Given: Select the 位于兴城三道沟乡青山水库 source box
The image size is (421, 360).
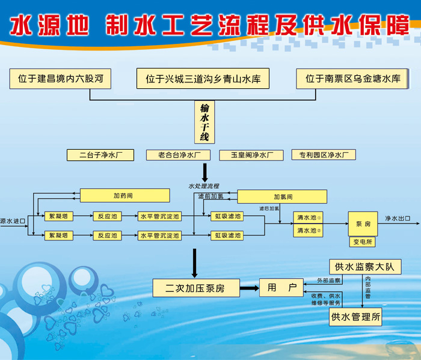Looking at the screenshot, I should [207, 79].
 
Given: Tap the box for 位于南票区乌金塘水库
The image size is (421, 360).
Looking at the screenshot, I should [352, 79].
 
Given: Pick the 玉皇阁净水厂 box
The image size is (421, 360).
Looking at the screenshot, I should [251, 155].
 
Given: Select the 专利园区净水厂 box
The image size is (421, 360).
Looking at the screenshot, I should [324, 155].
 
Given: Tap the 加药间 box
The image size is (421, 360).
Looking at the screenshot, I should [123, 195].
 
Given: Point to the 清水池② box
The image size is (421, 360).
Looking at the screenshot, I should [309, 230].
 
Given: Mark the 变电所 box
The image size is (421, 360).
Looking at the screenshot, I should [362, 242].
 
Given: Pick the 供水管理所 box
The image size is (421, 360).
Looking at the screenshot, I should [355, 317].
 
